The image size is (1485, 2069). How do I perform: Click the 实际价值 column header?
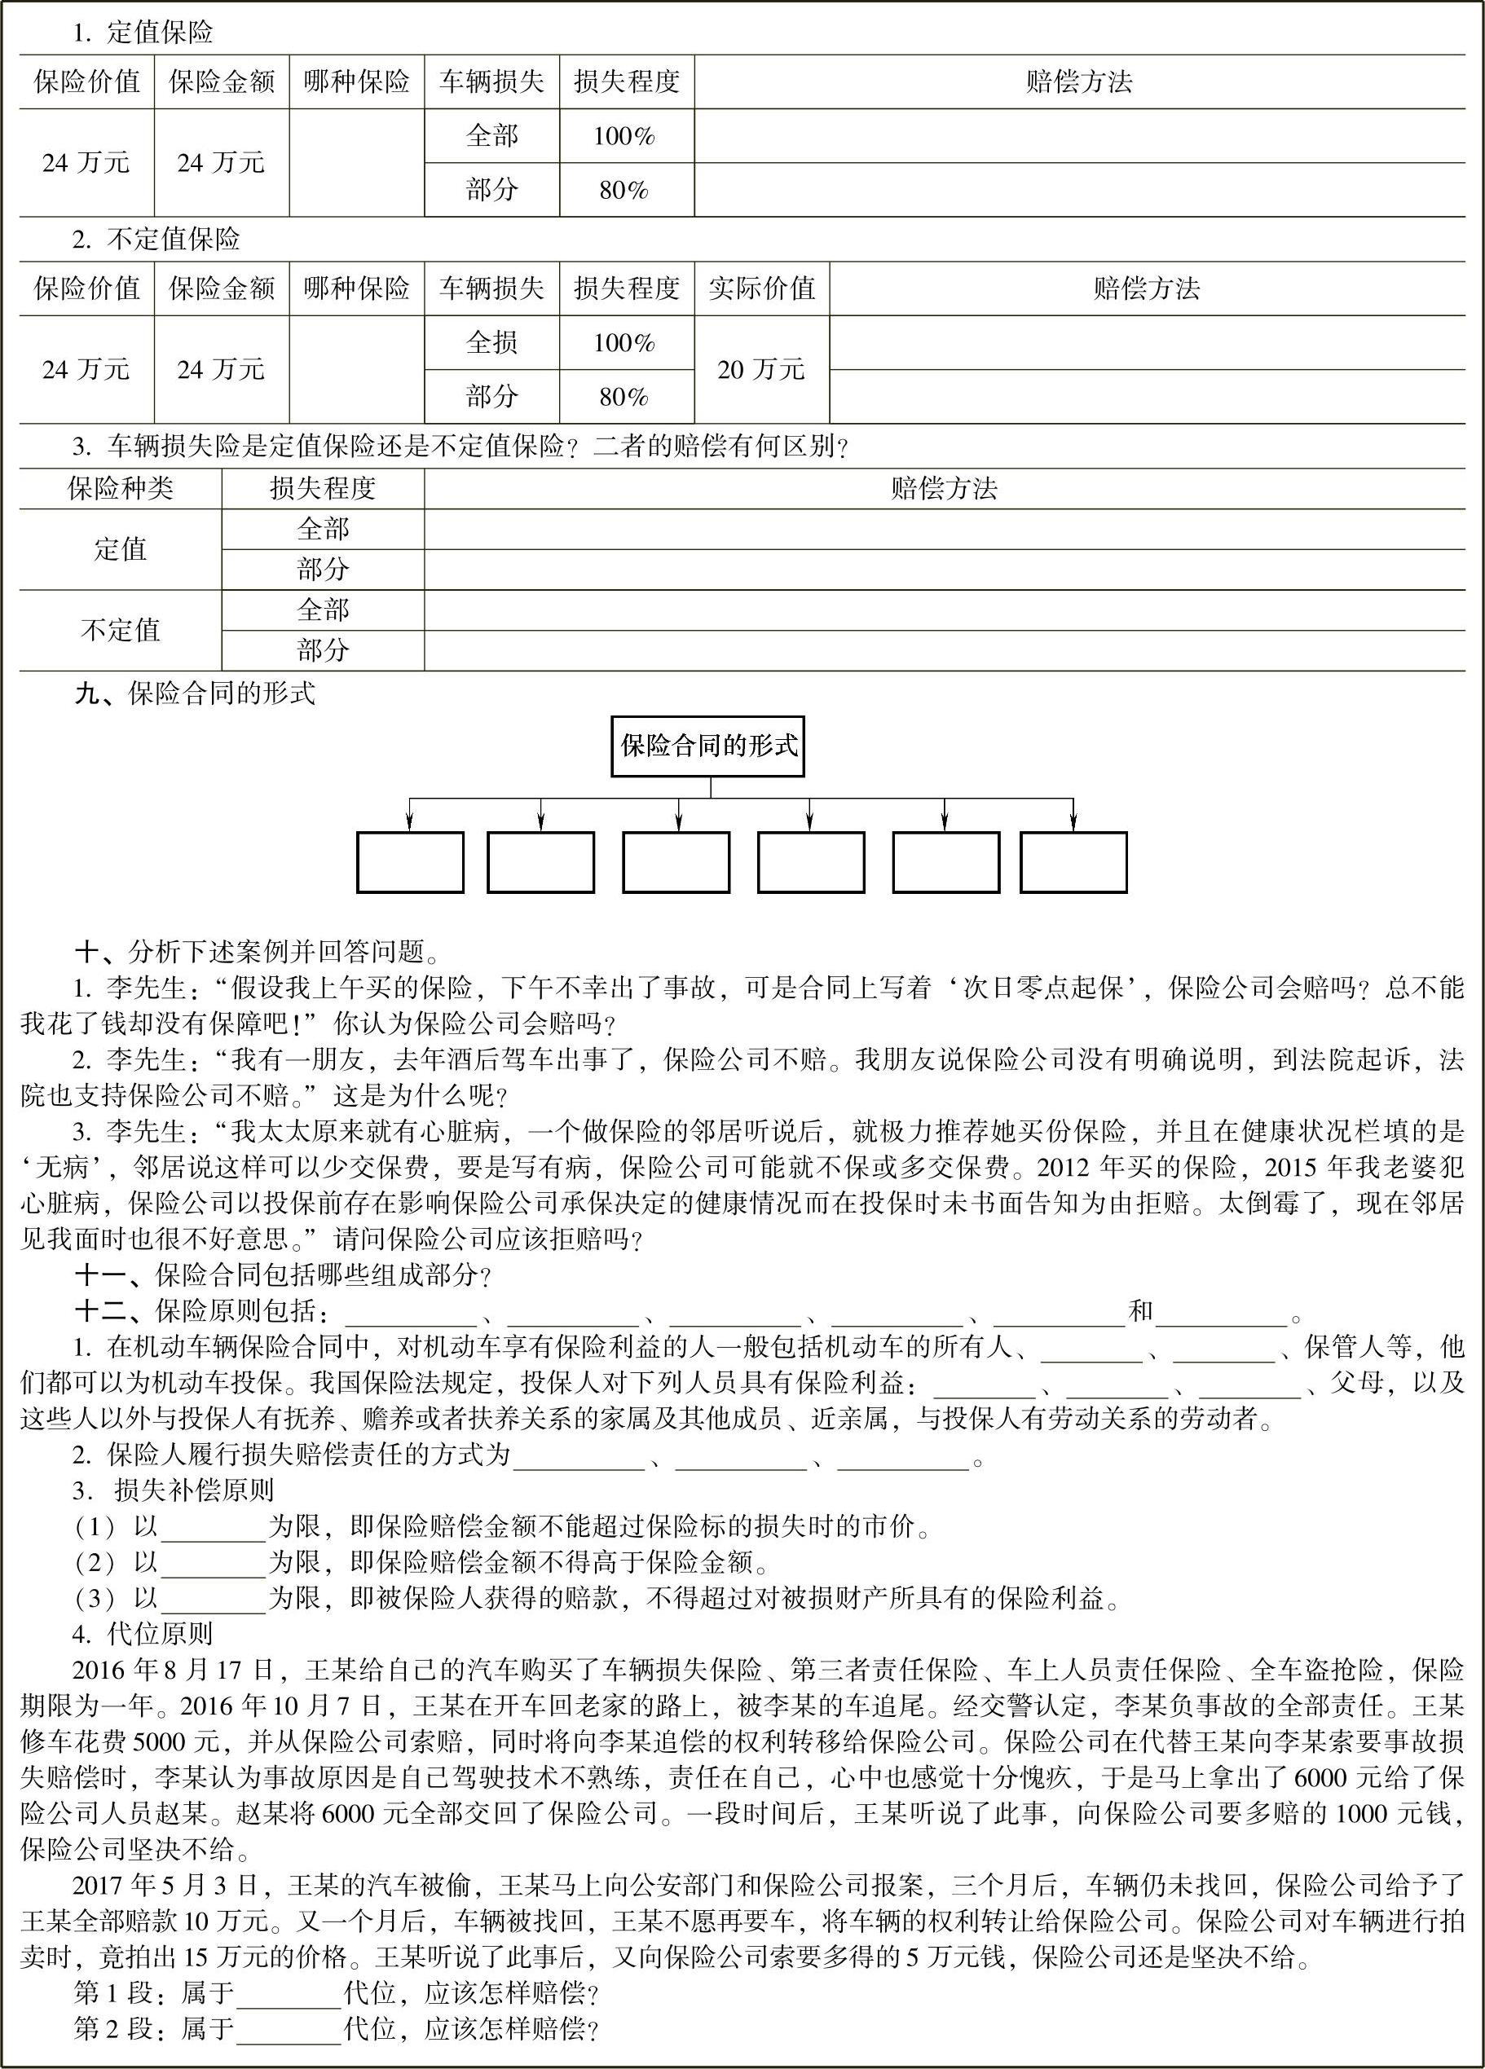(x=762, y=289)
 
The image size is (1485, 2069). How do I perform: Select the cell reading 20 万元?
(x=762, y=369)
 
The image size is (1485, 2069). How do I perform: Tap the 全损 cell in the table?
(x=491, y=343)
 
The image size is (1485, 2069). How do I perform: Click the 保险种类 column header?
(x=120, y=489)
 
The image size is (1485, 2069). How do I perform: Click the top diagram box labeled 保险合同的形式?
(x=707, y=747)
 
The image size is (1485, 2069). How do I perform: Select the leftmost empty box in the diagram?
(x=410, y=862)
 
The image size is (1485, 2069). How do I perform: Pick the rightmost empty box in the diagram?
(x=1073, y=862)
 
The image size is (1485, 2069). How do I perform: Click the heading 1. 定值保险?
(x=143, y=33)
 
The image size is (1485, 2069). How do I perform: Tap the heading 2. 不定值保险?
(x=156, y=240)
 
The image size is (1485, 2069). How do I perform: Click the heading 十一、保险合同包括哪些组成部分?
(x=284, y=1274)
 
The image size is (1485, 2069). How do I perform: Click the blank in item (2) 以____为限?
(x=213, y=1563)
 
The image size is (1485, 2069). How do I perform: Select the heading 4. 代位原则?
(x=143, y=1634)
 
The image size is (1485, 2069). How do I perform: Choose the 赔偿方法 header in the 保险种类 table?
(x=944, y=489)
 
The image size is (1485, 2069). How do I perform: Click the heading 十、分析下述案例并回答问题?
(x=258, y=953)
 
